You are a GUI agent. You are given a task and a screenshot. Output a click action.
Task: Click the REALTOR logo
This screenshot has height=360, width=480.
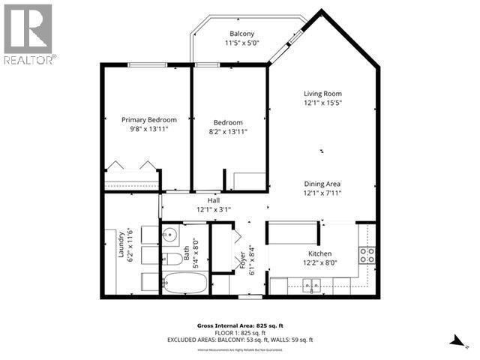click(28, 34)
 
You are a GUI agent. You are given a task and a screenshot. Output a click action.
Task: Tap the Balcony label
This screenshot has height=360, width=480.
click(241, 34)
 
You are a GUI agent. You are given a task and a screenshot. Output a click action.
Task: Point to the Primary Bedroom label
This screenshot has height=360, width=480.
click(149, 120)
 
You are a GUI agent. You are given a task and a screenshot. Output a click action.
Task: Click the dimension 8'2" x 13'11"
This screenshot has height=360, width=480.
click(227, 131)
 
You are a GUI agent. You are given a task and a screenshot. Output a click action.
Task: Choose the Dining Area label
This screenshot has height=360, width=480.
click(322, 184)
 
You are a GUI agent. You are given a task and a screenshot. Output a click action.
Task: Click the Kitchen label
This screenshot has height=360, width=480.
click(319, 254)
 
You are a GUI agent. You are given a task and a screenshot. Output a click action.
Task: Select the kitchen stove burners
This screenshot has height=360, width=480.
click(367, 255)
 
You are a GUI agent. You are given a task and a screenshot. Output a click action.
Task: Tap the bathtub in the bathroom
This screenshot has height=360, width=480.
click(184, 283)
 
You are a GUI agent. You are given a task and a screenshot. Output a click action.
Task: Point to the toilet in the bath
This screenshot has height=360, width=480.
click(170, 259)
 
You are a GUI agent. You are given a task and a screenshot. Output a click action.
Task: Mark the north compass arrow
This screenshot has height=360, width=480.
click(456, 342)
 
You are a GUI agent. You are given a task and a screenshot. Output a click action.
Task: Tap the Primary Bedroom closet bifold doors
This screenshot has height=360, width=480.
click(132, 165)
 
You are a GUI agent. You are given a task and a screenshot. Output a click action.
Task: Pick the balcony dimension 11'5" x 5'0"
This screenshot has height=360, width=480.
click(241, 43)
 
